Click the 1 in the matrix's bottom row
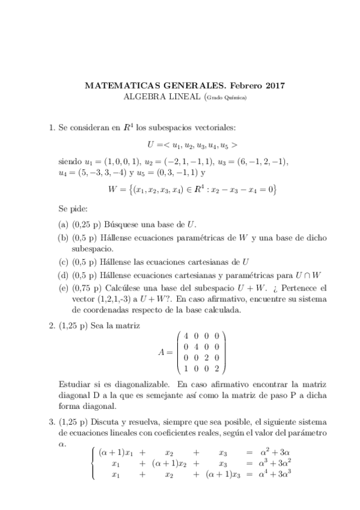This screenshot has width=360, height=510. (187, 369)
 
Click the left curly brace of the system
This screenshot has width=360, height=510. (92, 463)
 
